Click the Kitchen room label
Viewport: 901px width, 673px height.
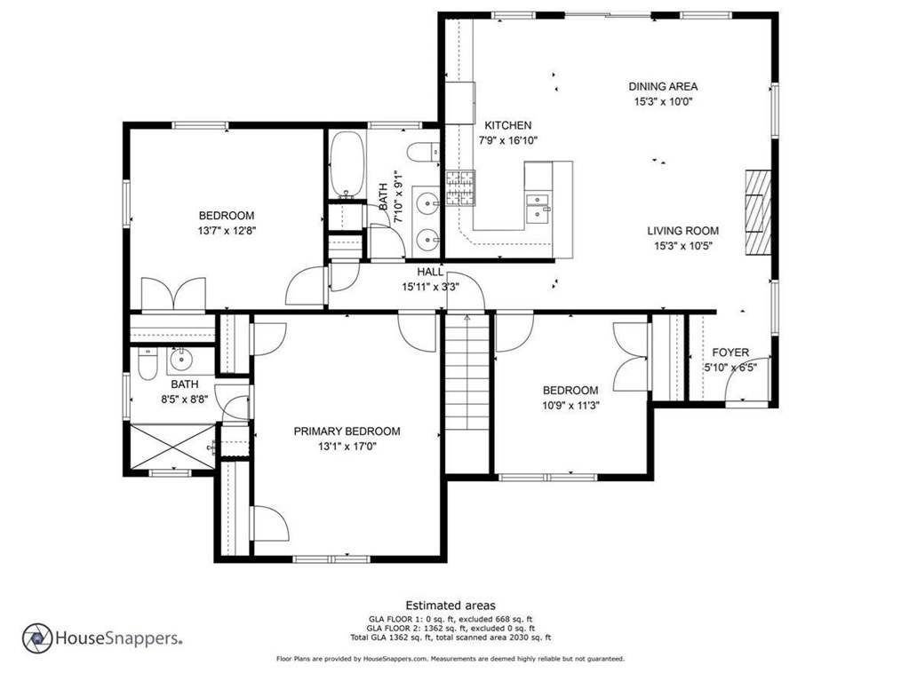[x=508, y=125]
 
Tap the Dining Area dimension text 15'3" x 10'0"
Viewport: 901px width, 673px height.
[x=663, y=101]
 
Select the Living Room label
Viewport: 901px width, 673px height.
[x=682, y=231]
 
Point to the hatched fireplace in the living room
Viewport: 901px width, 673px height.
[x=758, y=212]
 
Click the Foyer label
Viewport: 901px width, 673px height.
[x=730, y=352]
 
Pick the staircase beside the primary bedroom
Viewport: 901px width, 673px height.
[x=467, y=373]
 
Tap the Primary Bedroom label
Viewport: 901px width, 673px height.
[x=347, y=432]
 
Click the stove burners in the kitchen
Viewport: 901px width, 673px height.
[x=461, y=188]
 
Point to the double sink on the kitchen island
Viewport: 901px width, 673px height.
[x=538, y=207]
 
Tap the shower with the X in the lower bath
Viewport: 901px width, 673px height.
[x=173, y=447]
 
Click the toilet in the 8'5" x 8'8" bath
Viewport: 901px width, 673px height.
[x=148, y=364]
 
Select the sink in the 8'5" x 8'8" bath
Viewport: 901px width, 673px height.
[x=181, y=360]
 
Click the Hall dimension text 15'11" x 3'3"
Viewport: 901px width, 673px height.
[x=430, y=287]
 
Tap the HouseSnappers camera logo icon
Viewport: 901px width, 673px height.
[x=37, y=638]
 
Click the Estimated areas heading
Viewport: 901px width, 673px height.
[x=450, y=606]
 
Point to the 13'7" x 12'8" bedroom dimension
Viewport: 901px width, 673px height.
[x=227, y=231]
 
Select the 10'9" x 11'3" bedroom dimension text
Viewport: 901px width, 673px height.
[x=570, y=406]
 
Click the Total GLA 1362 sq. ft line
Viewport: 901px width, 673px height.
[x=450, y=637]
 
